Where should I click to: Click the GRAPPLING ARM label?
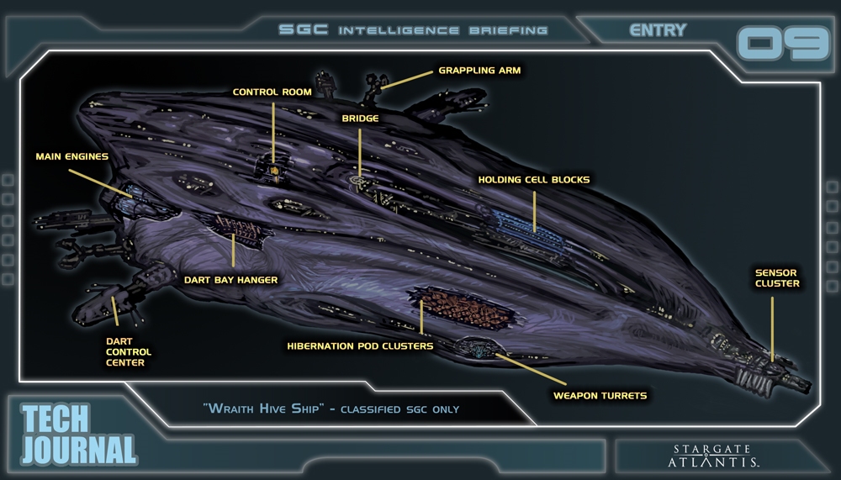pyautogui.click(x=479, y=71)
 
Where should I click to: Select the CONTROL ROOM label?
pyautogui.click(x=272, y=92)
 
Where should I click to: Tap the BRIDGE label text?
pyautogui.click(x=359, y=119)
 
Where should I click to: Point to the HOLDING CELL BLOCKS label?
pyautogui.click(x=533, y=179)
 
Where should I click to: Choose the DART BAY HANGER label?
pyautogui.click(x=230, y=279)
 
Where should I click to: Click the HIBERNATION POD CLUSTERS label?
pyautogui.click(x=360, y=345)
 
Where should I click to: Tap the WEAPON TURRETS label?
pyautogui.click(x=600, y=393)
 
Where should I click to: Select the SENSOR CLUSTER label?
pyautogui.click(x=776, y=278)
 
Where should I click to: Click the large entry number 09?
pyautogui.click(x=782, y=43)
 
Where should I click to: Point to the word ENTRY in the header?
pyautogui.click(x=658, y=30)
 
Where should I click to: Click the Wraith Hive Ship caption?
pyautogui.click(x=331, y=409)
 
